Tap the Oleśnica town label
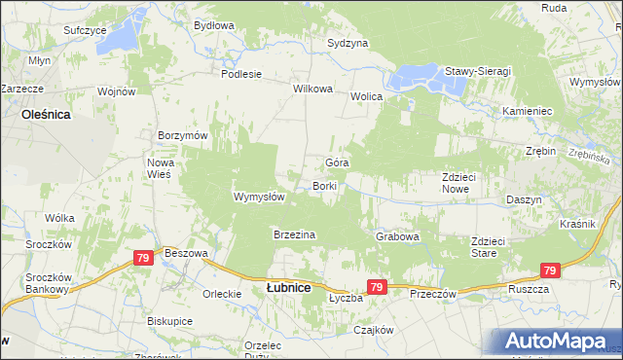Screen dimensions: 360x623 click(x=45, y=114)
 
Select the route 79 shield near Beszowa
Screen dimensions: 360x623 click(x=143, y=258)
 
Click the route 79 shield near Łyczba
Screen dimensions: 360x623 click(x=378, y=286)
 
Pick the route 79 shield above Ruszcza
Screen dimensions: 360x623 click(x=550, y=271)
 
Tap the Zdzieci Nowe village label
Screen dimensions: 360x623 click(x=457, y=183)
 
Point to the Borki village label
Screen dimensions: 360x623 click(x=324, y=186)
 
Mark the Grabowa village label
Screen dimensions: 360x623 click(x=397, y=236)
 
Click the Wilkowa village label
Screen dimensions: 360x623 click(x=313, y=89)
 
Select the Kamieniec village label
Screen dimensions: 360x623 click(x=527, y=112)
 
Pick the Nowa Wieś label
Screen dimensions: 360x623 click(x=159, y=167)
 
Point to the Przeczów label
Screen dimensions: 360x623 click(x=433, y=293)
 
